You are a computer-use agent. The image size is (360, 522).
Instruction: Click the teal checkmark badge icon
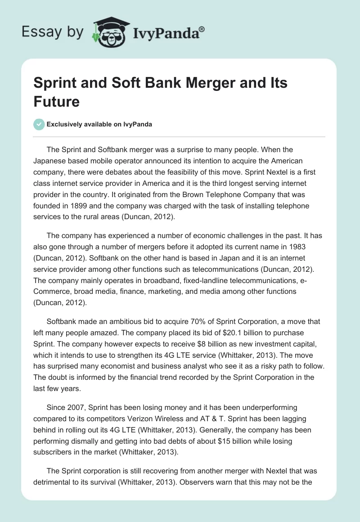click(x=39, y=125)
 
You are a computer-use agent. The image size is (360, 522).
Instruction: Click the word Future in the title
click(x=57, y=101)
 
